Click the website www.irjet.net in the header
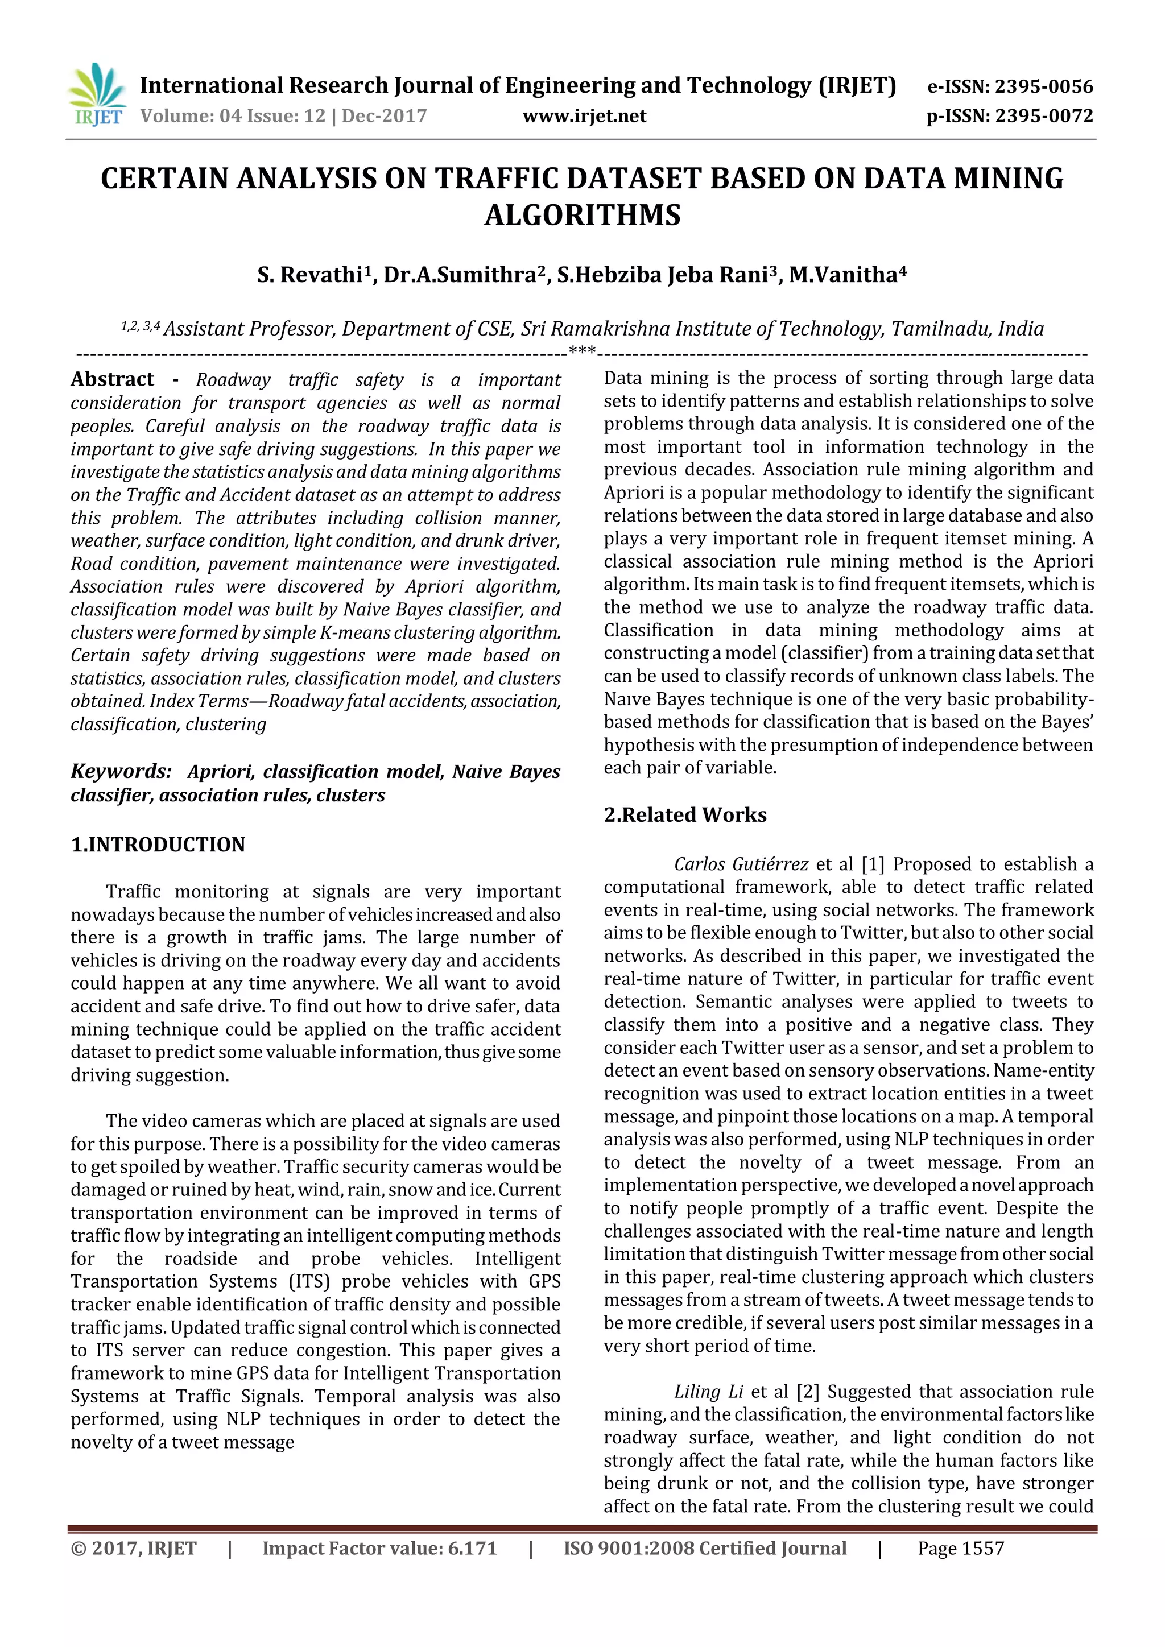coord(584,115)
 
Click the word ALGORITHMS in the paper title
coord(582,215)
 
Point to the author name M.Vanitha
coord(847,275)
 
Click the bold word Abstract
coord(113,379)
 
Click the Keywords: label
coord(121,771)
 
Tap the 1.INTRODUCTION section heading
coord(158,845)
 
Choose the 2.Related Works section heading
coord(685,815)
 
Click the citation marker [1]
coord(872,864)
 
